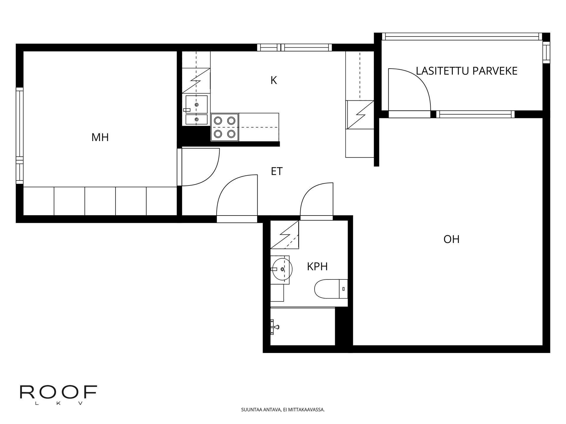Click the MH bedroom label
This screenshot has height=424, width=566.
tap(100, 138)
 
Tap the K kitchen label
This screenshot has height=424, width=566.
tap(274, 80)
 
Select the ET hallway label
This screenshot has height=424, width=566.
tap(277, 171)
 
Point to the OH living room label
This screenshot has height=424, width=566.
tap(451, 239)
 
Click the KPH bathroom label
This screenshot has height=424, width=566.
tap(317, 267)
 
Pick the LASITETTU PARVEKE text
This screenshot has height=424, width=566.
tap(467, 71)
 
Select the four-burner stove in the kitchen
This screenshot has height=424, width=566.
tap(225, 127)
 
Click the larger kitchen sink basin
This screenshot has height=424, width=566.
tap(196, 104)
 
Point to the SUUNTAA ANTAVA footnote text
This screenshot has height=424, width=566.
tap(283, 410)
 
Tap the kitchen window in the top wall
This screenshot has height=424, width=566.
tap(294, 47)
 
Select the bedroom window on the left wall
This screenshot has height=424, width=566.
tap(19, 136)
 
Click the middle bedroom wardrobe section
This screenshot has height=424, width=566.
tap(100, 201)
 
